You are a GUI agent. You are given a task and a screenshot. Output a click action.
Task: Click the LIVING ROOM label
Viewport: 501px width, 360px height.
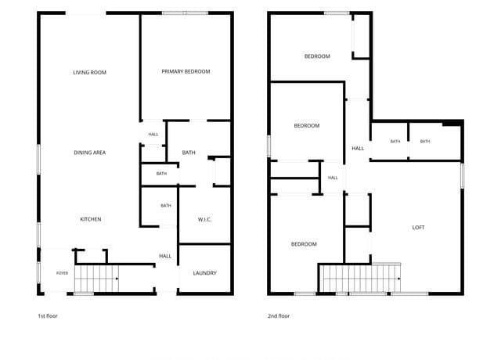(x=89, y=73)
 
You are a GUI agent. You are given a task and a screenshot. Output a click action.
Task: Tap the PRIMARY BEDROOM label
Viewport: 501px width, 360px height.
(x=186, y=71)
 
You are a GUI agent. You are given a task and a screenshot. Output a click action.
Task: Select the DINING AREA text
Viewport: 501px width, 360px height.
(x=89, y=153)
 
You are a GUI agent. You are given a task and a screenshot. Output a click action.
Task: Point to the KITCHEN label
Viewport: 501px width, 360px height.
(x=91, y=219)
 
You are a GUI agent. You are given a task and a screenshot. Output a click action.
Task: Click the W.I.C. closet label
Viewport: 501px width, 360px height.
(x=204, y=219)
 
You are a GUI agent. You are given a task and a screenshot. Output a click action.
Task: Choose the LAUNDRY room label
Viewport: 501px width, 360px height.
(x=204, y=273)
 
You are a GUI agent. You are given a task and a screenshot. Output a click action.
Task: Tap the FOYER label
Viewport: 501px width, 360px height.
(x=62, y=273)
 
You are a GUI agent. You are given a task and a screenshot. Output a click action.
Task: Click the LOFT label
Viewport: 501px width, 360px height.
(x=418, y=228)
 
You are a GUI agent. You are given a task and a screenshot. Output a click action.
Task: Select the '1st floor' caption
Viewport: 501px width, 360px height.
(x=48, y=316)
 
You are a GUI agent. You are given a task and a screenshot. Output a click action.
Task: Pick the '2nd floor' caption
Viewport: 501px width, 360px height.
(x=279, y=316)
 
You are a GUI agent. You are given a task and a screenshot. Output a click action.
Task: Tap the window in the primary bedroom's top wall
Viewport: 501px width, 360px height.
(x=185, y=13)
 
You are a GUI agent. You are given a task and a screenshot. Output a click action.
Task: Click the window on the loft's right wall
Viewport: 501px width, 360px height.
(x=462, y=175)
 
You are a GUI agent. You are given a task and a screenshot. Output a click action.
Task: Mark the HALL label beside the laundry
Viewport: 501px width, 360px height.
(x=165, y=256)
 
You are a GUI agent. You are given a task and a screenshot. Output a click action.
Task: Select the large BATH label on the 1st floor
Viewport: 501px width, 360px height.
(x=189, y=153)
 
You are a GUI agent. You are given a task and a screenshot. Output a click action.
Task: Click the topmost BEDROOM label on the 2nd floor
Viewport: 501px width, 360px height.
(x=317, y=56)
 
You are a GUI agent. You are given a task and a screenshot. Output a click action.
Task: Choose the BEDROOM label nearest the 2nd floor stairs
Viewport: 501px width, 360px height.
(x=304, y=244)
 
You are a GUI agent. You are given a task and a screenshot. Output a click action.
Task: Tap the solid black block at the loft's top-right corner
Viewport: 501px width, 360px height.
(x=452, y=123)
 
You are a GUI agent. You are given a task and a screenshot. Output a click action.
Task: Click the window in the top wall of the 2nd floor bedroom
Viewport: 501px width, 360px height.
(x=337, y=13)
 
